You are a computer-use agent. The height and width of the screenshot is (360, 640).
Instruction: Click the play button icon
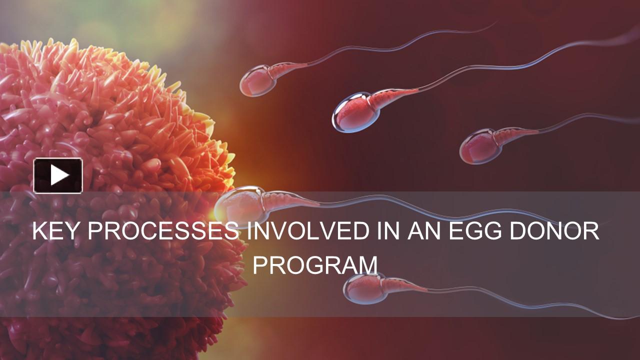58,175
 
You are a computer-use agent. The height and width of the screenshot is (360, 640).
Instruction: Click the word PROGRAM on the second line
315,265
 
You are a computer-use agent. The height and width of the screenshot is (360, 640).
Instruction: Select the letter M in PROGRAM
367,265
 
